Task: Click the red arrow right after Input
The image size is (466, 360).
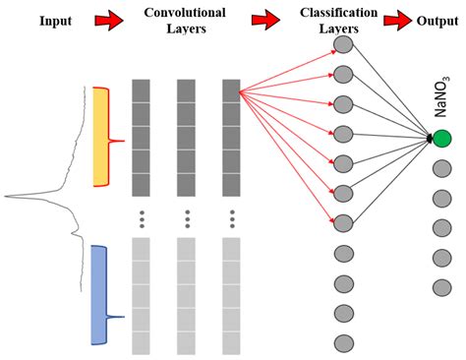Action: (107, 19)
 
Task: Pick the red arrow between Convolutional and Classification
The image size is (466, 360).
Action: (264, 19)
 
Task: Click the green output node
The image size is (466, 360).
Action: (441, 139)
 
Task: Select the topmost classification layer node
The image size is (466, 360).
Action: (343, 44)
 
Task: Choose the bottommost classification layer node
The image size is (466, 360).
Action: (343, 342)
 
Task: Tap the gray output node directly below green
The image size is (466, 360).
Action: (441, 168)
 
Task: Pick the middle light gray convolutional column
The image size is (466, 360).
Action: (187, 295)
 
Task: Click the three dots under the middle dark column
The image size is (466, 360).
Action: (187, 216)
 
